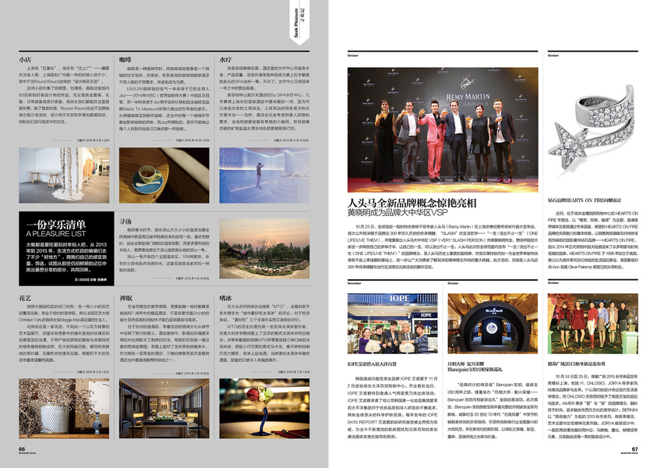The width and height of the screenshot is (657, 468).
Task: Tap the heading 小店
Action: click(x=25, y=58)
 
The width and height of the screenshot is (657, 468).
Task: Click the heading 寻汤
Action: click(x=125, y=222)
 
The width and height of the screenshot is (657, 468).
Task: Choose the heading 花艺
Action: click(x=25, y=298)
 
